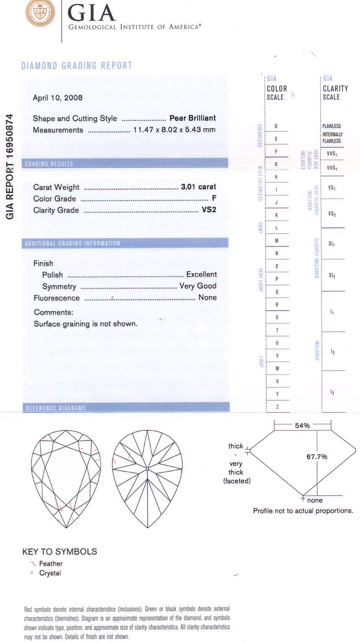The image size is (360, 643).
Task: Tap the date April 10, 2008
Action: (x=58, y=98)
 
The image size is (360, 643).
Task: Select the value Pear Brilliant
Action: (x=192, y=118)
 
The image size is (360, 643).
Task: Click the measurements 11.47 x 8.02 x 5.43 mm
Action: (x=174, y=130)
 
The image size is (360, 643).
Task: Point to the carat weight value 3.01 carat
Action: (x=198, y=187)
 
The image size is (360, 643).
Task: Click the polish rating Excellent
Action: (x=201, y=275)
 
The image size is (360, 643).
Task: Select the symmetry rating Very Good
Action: (x=197, y=286)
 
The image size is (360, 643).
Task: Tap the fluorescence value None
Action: (x=207, y=298)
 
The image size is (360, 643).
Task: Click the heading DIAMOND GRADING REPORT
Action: (x=77, y=66)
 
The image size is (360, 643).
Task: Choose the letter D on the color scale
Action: (x=276, y=126)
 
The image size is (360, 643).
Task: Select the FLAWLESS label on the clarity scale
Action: (x=332, y=126)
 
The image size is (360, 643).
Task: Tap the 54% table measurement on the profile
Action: (x=302, y=426)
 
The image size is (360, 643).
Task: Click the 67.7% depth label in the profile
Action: (x=317, y=457)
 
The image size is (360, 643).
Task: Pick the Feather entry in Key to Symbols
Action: (x=51, y=564)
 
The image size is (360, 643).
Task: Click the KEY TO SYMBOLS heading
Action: (x=60, y=551)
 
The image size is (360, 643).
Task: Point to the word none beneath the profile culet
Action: (x=315, y=500)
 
